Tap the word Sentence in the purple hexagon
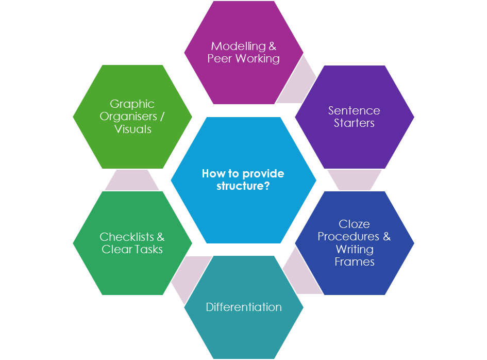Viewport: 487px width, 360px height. pos(354,110)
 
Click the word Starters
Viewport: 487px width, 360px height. pos(354,123)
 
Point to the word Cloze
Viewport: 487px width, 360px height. pos(354,224)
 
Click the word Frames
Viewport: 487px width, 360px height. pos(354,261)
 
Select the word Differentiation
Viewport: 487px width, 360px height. pos(244,307)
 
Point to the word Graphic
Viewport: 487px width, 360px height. pos(132,104)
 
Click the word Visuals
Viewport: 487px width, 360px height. pos(132,129)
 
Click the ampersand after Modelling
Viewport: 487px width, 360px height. pos(273,46)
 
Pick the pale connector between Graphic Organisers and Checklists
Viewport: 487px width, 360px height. pos(132,180)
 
